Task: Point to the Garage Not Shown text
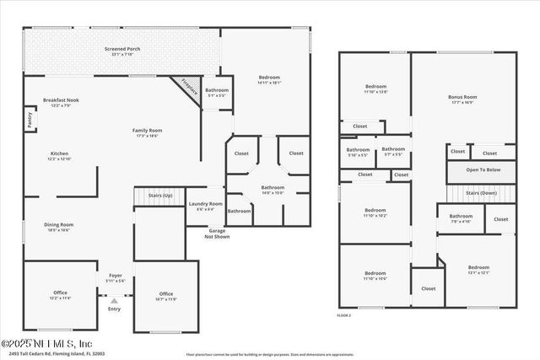[218, 234]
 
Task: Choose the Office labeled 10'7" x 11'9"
[165, 295]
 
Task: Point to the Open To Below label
[483, 170]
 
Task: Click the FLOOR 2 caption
[343, 314]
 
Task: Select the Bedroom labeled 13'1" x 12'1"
[478, 269]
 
